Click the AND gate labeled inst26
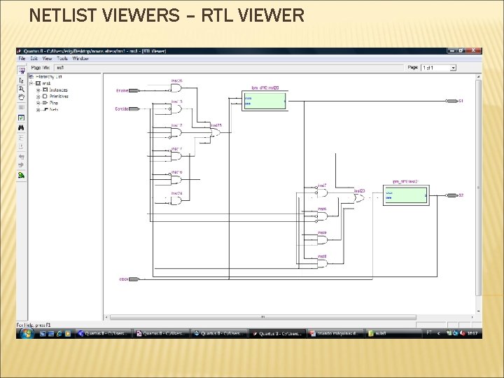(x=176, y=89)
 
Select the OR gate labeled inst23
(x=358, y=198)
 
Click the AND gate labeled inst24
(x=176, y=199)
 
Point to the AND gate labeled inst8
(x=321, y=262)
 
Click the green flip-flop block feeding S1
(x=265, y=101)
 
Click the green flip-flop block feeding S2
(x=405, y=195)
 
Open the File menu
(x=22, y=59)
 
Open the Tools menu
(x=62, y=59)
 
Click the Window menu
(x=80, y=59)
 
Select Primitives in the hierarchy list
(x=59, y=96)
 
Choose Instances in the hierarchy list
(x=58, y=90)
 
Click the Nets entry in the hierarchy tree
(x=53, y=109)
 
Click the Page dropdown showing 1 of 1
(x=438, y=67)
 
